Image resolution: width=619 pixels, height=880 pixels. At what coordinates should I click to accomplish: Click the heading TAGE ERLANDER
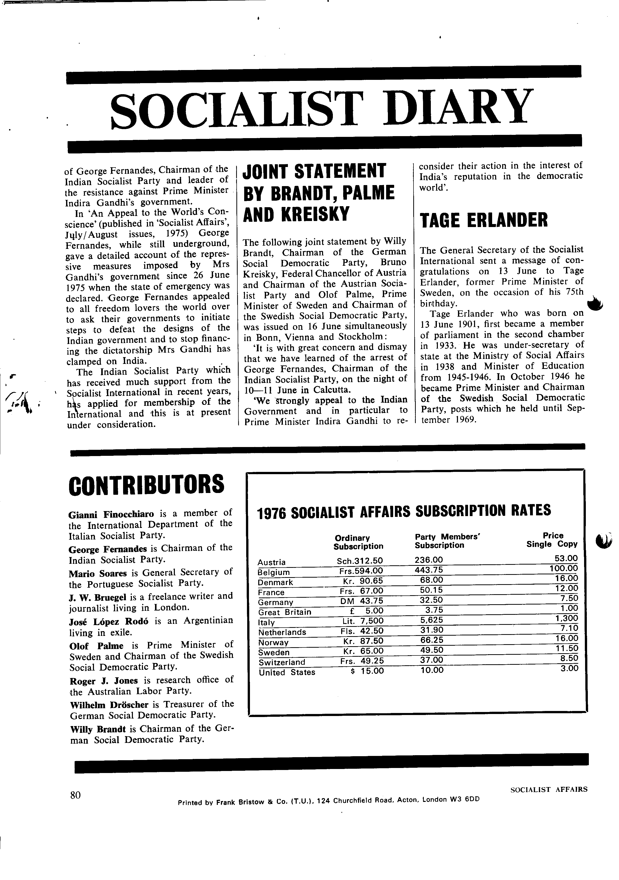[x=484, y=221]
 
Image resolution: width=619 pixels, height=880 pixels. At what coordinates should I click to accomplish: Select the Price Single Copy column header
[x=552, y=540]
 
